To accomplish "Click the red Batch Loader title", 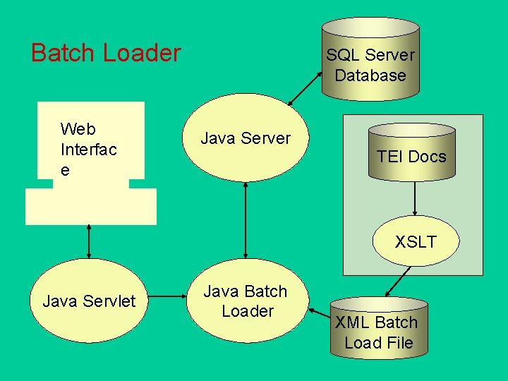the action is (106, 52).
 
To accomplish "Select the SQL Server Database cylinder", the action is (370, 59).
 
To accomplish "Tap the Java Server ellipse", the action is (246, 138).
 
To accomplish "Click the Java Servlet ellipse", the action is (89, 301).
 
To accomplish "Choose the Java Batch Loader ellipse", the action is (248, 301).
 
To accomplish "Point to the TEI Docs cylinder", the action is (412, 152).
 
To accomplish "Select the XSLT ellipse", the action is (416, 241).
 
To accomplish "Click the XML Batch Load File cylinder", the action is (379, 328).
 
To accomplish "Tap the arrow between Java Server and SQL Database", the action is (305, 88).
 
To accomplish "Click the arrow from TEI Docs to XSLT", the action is (415, 198).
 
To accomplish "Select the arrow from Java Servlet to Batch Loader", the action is (167, 296).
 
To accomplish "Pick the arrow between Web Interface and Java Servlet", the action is (89, 242).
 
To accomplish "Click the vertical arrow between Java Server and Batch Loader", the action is (246, 220).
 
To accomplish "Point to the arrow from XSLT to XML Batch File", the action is (398, 282).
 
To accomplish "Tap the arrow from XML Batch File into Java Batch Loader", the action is (320, 313).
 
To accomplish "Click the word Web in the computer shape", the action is (78, 129).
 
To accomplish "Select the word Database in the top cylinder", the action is (370, 75).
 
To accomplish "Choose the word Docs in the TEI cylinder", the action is (427, 157).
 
